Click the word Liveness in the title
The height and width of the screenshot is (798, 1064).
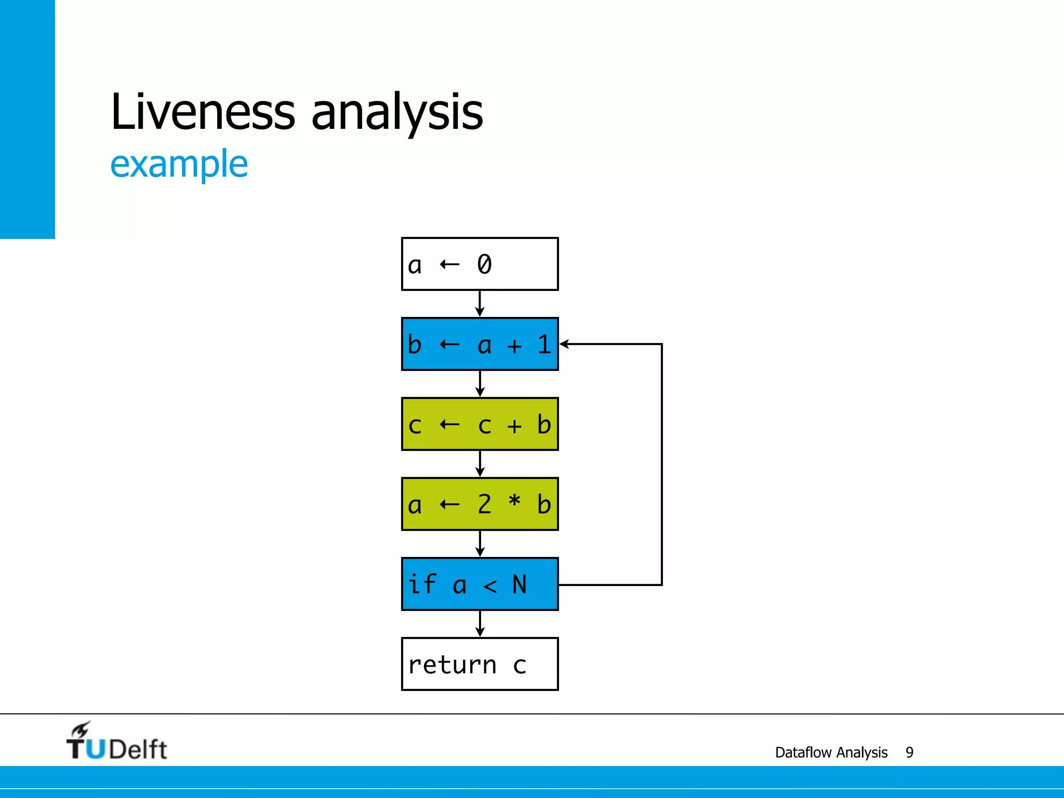click(x=203, y=112)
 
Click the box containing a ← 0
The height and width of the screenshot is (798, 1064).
click(x=480, y=264)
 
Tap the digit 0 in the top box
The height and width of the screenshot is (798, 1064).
click(x=484, y=264)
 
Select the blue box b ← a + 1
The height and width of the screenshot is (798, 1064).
click(x=480, y=344)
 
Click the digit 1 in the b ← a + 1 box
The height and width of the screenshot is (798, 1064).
click(x=544, y=344)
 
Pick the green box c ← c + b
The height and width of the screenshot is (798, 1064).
click(x=480, y=424)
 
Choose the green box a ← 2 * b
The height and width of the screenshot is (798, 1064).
click(x=480, y=504)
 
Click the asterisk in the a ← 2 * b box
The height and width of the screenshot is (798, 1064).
click(x=514, y=502)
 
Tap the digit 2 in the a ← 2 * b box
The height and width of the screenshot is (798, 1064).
click(x=484, y=504)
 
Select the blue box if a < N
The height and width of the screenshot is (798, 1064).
click(x=480, y=584)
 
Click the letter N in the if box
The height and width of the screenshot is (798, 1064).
click(x=519, y=584)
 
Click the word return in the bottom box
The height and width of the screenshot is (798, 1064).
click(x=452, y=665)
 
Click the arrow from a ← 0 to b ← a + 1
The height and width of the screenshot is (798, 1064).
click(x=480, y=303)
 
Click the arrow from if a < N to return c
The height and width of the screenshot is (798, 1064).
click(x=480, y=623)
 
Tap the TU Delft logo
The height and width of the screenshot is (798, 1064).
click(x=116, y=742)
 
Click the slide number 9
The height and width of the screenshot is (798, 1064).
click(x=909, y=752)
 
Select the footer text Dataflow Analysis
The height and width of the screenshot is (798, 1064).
click(x=831, y=752)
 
